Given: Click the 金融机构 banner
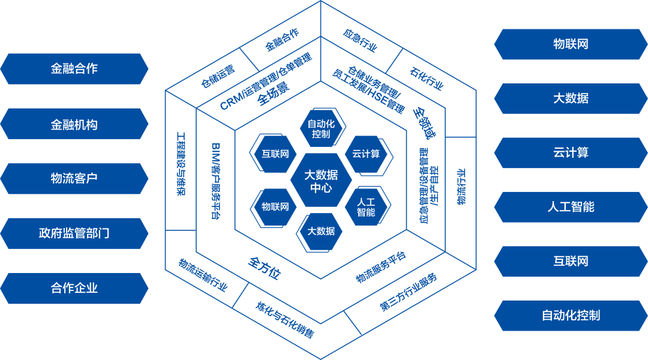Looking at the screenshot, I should coord(74,124).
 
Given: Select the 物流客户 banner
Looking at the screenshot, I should coord(74,179).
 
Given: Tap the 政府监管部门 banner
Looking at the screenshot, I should coord(74,233).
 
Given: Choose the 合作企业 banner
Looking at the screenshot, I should coord(74,288).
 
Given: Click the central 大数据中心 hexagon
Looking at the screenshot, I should coord(321,181).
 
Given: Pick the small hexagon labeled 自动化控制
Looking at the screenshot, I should coord(321,128).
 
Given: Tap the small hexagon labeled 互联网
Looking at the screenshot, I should coord(275,154).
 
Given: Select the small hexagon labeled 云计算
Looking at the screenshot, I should coord(366,154).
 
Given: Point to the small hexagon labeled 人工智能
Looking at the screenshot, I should coord(366,206).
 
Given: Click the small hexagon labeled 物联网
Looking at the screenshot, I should coord(275,206).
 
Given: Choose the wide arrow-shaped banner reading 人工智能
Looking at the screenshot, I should coord(571,207).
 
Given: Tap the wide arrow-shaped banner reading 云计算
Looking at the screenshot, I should coord(571,152).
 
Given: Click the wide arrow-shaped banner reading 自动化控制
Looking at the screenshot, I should coord(571,316).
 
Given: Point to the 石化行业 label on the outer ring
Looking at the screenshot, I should coord(427,79).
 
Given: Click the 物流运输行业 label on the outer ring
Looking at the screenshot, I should coord(203,275).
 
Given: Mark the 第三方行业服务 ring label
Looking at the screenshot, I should coord(408,292).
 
